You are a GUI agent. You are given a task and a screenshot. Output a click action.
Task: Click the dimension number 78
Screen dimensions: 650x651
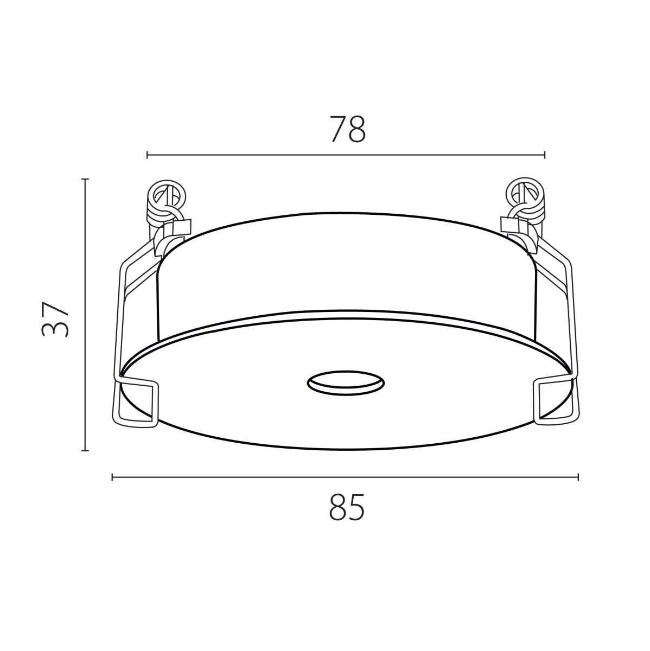pyautogui.click(x=347, y=129)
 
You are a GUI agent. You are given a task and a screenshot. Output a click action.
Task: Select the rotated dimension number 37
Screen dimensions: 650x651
pyautogui.click(x=55, y=319)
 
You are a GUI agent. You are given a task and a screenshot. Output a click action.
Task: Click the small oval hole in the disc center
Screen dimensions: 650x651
pyautogui.click(x=346, y=383)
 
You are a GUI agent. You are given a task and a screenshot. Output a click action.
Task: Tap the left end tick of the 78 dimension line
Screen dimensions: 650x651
pyautogui.click(x=147, y=155)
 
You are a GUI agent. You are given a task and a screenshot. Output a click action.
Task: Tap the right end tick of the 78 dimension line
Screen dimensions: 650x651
pyautogui.click(x=545, y=155)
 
